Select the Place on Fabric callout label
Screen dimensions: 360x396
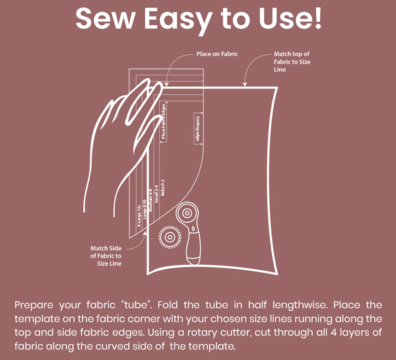[x=217, y=54]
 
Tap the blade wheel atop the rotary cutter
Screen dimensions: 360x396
[x=187, y=214]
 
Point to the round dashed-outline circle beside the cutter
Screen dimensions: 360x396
[x=169, y=236]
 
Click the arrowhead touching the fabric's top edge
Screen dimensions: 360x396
[x=246, y=85]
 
